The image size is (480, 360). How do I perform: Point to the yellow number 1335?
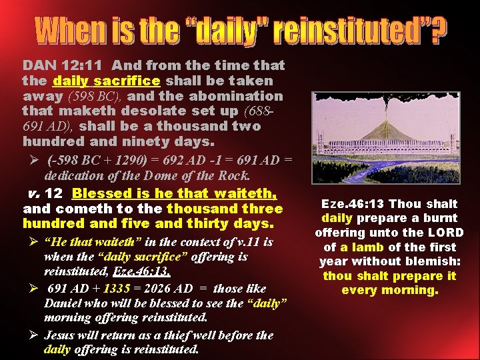pyautogui.click(x=118, y=289)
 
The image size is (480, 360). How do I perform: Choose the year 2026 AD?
pyautogui.click(x=169, y=289)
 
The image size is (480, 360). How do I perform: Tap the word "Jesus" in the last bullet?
pyautogui.click(x=62, y=335)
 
